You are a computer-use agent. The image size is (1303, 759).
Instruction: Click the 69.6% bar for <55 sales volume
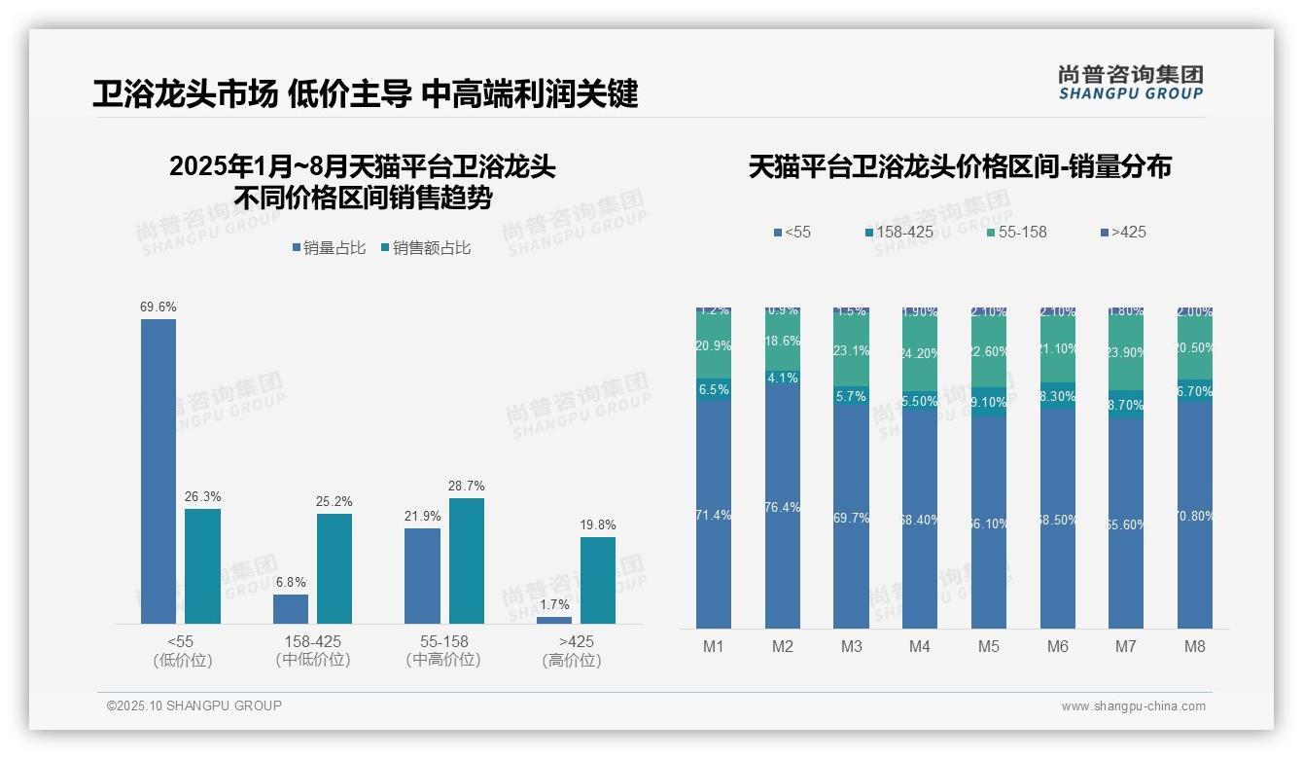click(158, 471)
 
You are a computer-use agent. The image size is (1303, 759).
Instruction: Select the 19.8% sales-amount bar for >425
click(598, 580)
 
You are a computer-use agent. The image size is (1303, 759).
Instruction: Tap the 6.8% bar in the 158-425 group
click(291, 608)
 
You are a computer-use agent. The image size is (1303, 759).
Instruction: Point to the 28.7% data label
click(467, 486)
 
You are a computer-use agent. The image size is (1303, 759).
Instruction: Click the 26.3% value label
click(202, 496)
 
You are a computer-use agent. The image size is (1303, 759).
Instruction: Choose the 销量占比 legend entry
click(329, 248)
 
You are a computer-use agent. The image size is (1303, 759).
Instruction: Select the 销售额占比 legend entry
click(426, 248)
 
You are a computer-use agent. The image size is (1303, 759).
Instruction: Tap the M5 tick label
click(989, 646)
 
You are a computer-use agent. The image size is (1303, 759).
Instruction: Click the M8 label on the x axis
click(1195, 646)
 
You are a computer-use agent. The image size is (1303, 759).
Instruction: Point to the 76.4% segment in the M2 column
click(783, 506)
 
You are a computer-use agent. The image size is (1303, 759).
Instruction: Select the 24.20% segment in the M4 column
click(920, 353)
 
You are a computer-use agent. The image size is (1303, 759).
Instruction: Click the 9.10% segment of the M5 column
click(989, 402)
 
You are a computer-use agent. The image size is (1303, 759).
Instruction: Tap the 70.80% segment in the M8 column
click(1195, 515)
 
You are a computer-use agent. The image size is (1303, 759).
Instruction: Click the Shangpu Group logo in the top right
click(1131, 82)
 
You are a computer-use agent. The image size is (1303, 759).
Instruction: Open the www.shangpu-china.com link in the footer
click(1133, 706)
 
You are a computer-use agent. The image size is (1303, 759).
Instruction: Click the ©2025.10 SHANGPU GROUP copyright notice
click(194, 705)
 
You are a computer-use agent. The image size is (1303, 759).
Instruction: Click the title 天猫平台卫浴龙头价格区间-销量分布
click(960, 166)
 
